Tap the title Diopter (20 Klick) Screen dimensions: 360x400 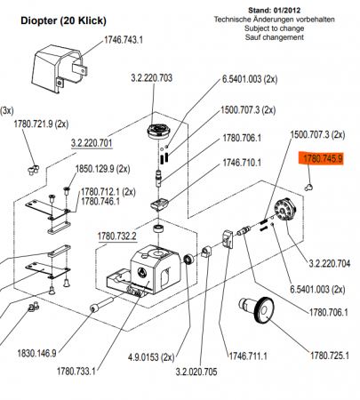tap(63, 21)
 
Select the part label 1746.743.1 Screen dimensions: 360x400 tap(124, 40)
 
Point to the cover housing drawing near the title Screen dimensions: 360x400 tap(60, 69)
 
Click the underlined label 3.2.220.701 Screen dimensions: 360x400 tap(92, 143)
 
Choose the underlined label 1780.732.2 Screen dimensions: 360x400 tap(117, 236)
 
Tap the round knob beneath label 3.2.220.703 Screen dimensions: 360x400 tap(160, 132)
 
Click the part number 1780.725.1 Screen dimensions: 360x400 tap(330, 356)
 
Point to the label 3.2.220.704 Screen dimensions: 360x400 tap(330, 263)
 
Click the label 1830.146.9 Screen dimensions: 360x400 tap(36, 353)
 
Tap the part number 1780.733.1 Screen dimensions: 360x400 tap(76, 371)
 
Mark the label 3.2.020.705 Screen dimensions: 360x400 tap(196, 372)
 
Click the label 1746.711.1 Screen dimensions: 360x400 tap(248, 356)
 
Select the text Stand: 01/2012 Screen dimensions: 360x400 tap(274, 11)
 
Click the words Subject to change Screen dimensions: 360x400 tap(274, 28)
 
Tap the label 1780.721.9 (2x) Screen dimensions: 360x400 tap(41, 124)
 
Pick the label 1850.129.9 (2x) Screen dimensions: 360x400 tap(102, 169)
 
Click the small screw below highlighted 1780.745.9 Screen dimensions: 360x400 tap(309, 187)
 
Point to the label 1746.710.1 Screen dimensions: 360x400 tap(242, 163)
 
